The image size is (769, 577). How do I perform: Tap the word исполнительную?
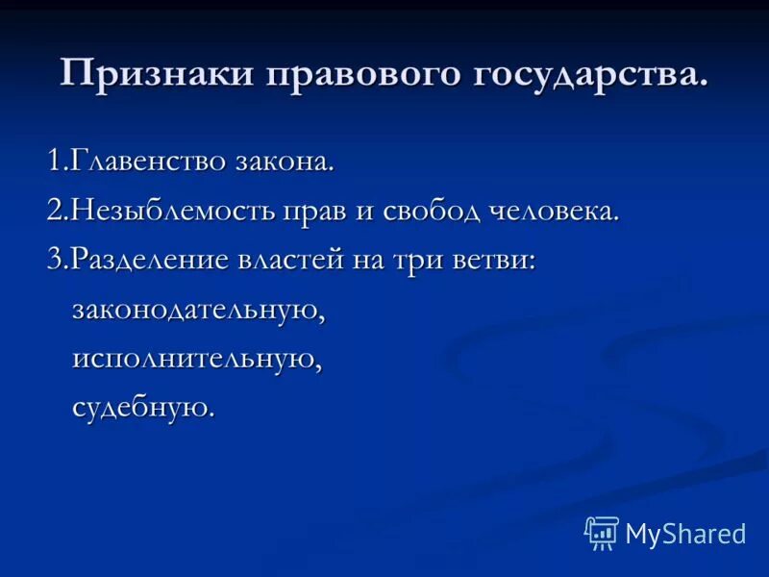coord(195,359)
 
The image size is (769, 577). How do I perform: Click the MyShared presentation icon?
coord(602,532)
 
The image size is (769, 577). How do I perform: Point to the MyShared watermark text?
coord(685,534)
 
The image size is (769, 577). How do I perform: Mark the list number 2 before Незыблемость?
coord(54,211)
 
